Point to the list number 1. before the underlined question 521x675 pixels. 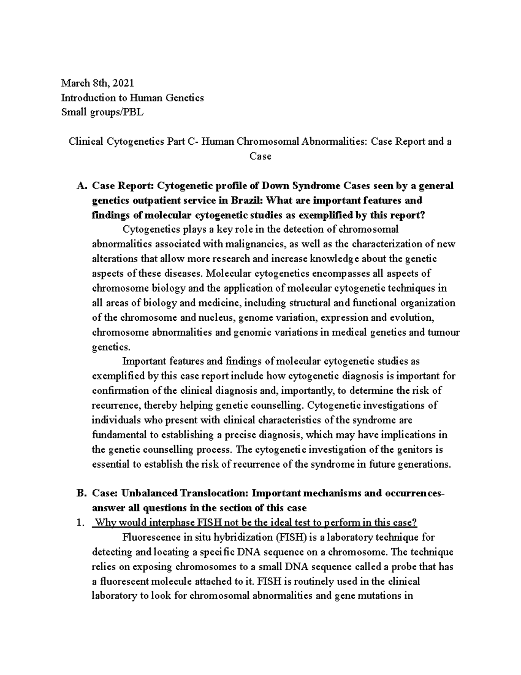pyautogui.click(x=79, y=523)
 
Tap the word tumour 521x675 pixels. pyautogui.click(x=443, y=333)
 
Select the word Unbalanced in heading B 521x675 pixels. pyautogui.click(x=150, y=493)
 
